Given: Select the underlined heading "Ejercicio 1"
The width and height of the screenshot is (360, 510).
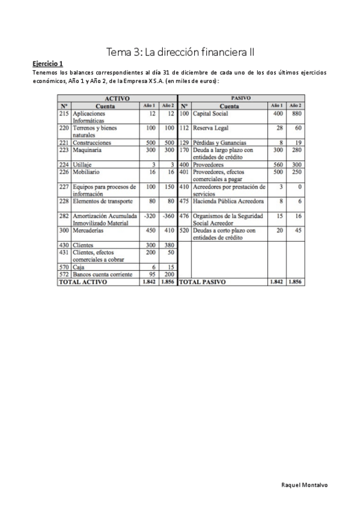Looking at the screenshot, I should pyautogui.click(x=47, y=63).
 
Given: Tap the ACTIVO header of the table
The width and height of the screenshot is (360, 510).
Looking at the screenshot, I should pyautogui.click(x=117, y=98).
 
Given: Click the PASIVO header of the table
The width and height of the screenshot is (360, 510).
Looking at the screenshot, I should pyautogui.click(x=240, y=98).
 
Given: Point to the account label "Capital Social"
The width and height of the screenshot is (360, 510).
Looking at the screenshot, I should pyautogui.click(x=211, y=114).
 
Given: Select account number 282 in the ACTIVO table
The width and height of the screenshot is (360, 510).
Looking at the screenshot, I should pyautogui.click(x=64, y=215).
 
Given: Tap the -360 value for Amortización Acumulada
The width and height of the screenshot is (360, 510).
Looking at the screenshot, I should pyautogui.click(x=168, y=215).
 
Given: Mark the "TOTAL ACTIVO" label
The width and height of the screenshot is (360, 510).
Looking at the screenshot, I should pyautogui.click(x=82, y=281).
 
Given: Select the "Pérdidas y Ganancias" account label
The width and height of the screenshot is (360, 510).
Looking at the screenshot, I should pyautogui.click(x=219, y=143).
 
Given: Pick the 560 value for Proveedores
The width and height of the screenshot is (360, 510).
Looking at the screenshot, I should pyautogui.click(x=277, y=165).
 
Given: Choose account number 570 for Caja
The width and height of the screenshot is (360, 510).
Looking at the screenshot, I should pyautogui.click(x=64, y=267).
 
